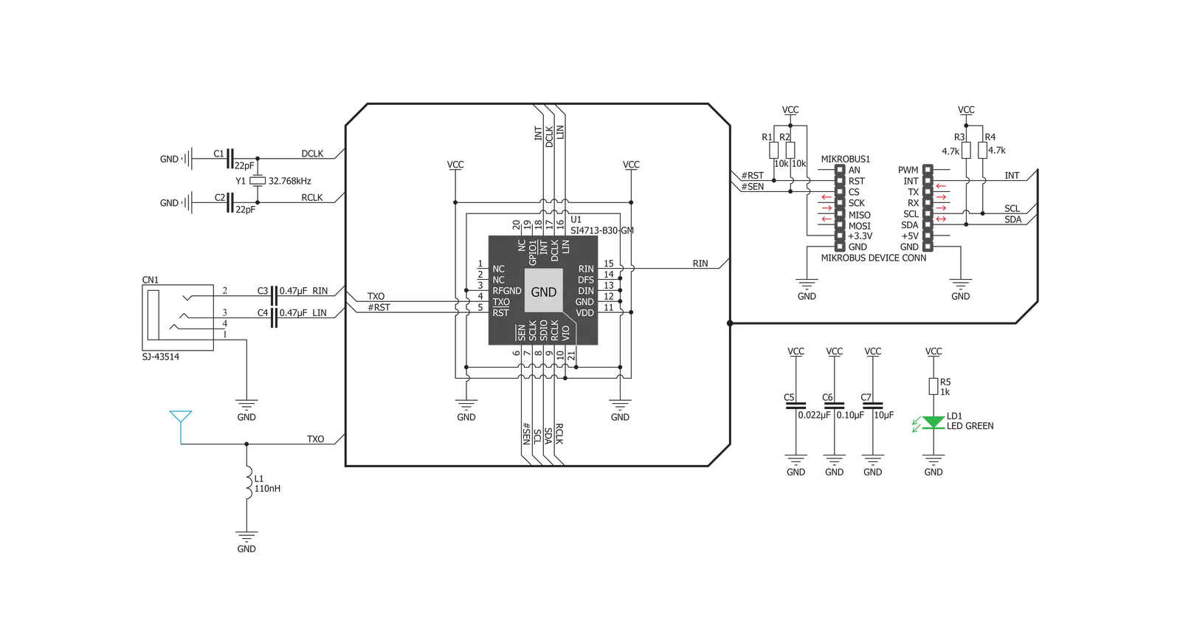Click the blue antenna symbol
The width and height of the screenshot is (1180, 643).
click(x=181, y=422)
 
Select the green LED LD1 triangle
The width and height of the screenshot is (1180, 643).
click(x=934, y=422)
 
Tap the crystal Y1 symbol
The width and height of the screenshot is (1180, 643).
click(x=258, y=180)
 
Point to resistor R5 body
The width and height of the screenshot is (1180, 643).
click(x=934, y=386)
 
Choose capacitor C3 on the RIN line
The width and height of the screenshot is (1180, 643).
click(x=273, y=296)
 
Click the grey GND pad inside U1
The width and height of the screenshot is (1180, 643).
click(x=544, y=291)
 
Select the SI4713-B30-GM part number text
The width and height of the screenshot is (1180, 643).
click(x=602, y=230)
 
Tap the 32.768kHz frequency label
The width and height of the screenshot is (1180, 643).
click(x=290, y=181)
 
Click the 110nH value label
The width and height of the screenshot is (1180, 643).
click(x=268, y=489)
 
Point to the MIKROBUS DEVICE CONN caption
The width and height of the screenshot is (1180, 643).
click(x=874, y=258)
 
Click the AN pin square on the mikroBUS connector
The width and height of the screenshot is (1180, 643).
click(x=840, y=170)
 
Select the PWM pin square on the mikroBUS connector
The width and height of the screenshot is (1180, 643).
click(x=928, y=170)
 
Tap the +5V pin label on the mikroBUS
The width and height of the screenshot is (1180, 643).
click(x=910, y=236)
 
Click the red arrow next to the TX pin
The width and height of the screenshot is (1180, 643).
click(x=941, y=186)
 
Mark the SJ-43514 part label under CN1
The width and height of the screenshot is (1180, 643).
click(x=161, y=357)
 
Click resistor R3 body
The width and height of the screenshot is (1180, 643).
click(x=966, y=151)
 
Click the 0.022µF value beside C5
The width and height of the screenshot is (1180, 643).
click(x=814, y=416)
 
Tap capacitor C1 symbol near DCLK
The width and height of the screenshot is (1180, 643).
click(x=230, y=158)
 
